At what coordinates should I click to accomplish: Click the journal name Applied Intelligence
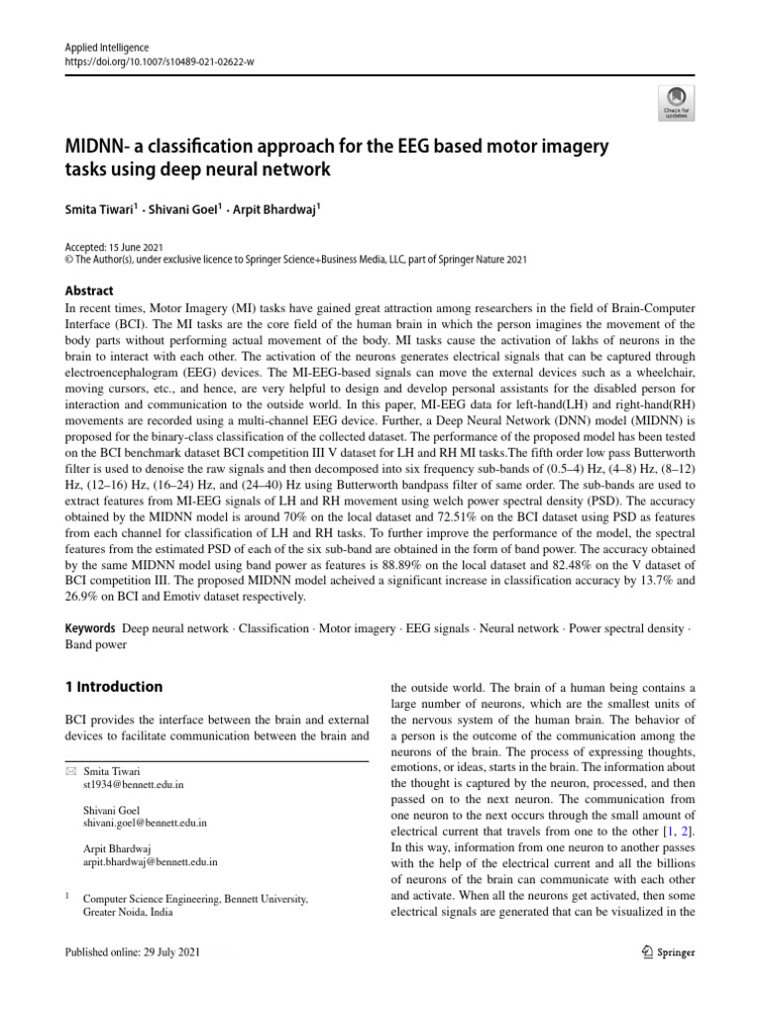(106, 47)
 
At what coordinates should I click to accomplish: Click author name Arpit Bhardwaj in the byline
(297, 210)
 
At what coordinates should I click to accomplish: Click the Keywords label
(89, 629)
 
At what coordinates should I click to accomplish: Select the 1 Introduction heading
(114, 687)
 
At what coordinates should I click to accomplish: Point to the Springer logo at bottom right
(662, 953)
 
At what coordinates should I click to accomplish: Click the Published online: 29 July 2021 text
(133, 953)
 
